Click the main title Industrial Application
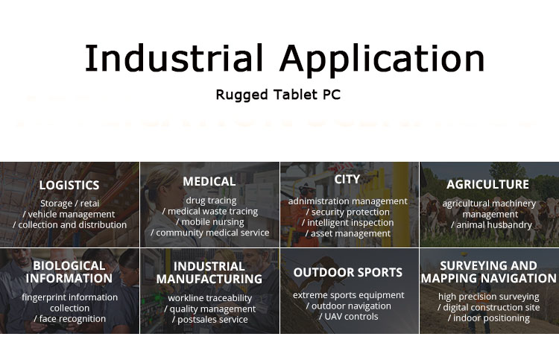(285, 59)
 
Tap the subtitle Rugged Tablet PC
(278, 95)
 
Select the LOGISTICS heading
(69, 185)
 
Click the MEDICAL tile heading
(209, 181)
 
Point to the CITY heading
(347, 180)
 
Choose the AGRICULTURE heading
(487, 184)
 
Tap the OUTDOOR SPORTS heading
(347, 272)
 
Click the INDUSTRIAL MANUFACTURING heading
(209, 273)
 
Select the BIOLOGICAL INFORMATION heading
(69, 272)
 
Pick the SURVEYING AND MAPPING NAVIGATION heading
(488, 271)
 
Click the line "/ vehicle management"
(69, 214)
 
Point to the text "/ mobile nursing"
(210, 222)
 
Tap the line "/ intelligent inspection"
(347, 223)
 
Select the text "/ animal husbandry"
(491, 225)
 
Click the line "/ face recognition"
(69, 319)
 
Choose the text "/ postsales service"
(209, 319)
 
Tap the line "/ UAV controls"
(348, 317)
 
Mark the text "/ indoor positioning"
(488, 318)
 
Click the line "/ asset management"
(347, 233)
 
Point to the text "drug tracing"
(211, 200)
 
